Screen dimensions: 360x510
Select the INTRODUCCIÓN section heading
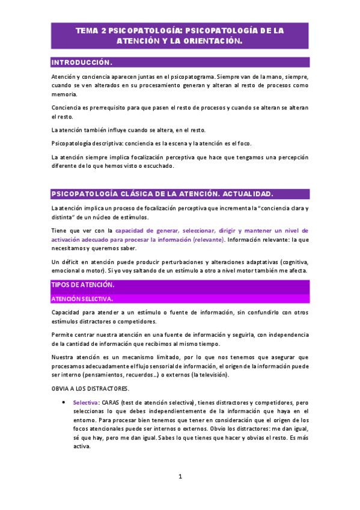click(x=82, y=63)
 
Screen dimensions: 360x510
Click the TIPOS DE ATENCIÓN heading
click(x=83, y=284)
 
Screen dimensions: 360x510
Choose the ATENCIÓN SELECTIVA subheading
click(x=82, y=298)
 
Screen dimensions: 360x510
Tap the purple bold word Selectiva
click(x=87, y=402)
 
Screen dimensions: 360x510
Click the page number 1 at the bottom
click(x=180, y=477)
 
